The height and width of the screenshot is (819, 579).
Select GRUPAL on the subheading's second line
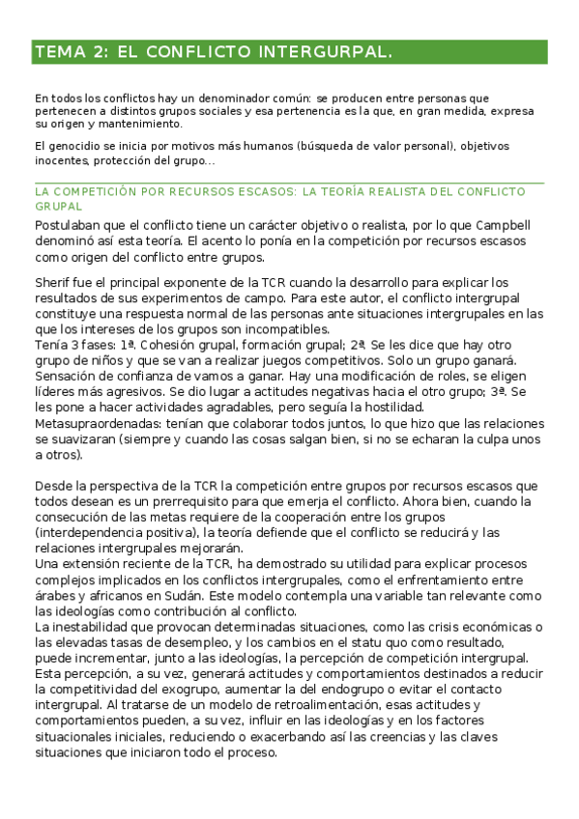58,207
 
